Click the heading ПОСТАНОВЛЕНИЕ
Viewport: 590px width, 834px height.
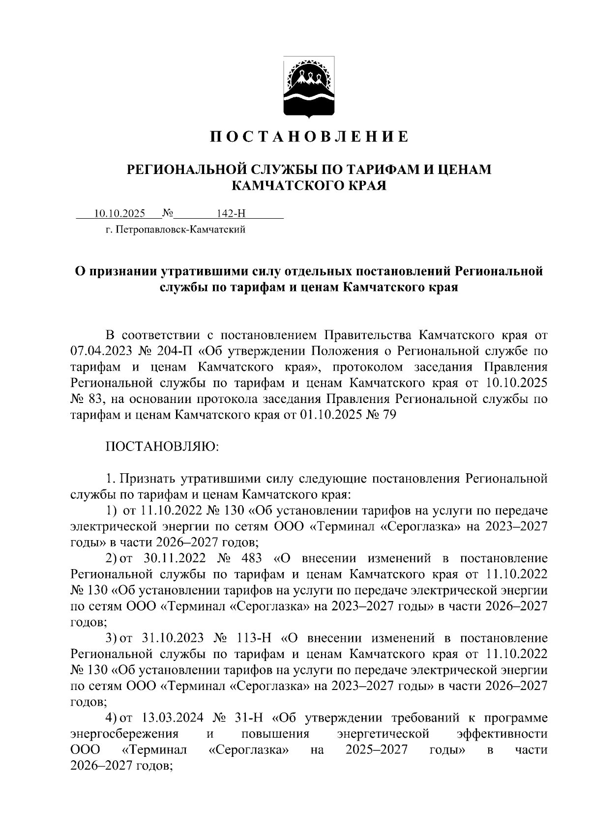(309, 136)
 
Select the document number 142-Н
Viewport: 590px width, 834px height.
(231, 213)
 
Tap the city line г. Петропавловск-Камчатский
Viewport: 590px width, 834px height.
(175, 230)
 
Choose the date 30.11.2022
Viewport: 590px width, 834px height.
(173, 558)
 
